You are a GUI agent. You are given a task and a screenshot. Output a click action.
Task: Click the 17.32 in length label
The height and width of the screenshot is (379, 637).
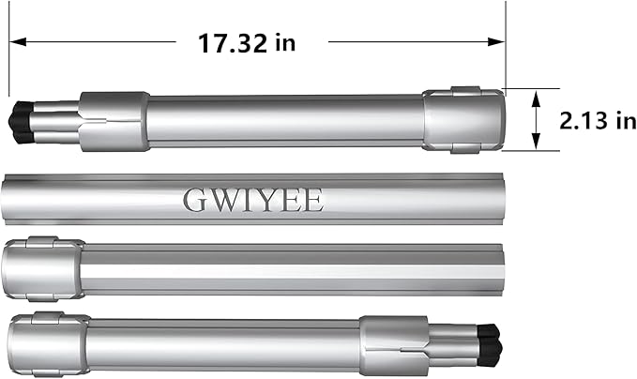pyautogui.click(x=247, y=43)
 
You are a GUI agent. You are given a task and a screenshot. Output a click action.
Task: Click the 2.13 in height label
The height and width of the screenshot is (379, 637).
pyautogui.click(x=598, y=121)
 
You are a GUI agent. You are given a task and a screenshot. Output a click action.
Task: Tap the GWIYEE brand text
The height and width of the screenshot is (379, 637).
pyautogui.click(x=253, y=200)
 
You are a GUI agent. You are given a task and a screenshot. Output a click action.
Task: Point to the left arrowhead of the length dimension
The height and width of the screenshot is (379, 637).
pyautogui.click(x=18, y=41)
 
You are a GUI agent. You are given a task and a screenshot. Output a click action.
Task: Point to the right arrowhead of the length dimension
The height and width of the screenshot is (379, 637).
pyautogui.click(x=496, y=41)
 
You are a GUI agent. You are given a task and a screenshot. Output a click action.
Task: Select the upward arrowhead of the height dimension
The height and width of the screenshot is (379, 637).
pyautogui.click(x=537, y=99)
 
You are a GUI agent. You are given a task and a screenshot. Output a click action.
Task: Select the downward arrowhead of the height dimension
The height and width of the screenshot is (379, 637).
pyautogui.click(x=537, y=141)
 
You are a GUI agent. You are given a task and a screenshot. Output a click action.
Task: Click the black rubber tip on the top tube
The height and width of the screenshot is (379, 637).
pyautogui.click(x=22, y=122)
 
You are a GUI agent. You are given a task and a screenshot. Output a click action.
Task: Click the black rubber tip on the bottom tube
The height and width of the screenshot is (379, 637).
pyautogui.click(x=490, y=345)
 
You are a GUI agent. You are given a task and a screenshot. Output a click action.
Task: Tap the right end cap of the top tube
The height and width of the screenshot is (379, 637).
pyautogui.click(x=464, y=120)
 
